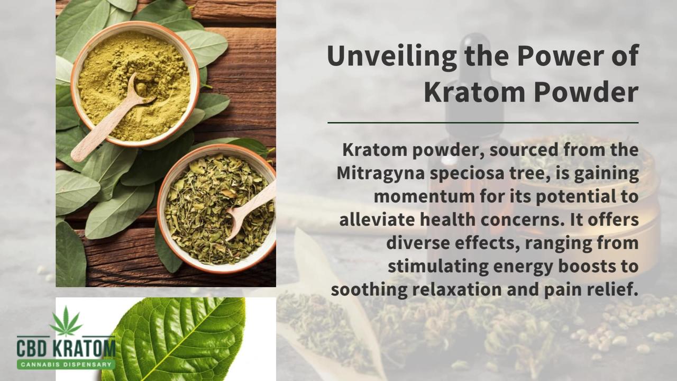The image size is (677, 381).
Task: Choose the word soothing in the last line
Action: [369, 289]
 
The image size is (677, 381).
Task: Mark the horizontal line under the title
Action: [482, 123]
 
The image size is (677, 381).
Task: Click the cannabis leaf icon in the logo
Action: [66, 322]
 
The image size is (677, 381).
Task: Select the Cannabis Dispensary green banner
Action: [66, 364]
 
